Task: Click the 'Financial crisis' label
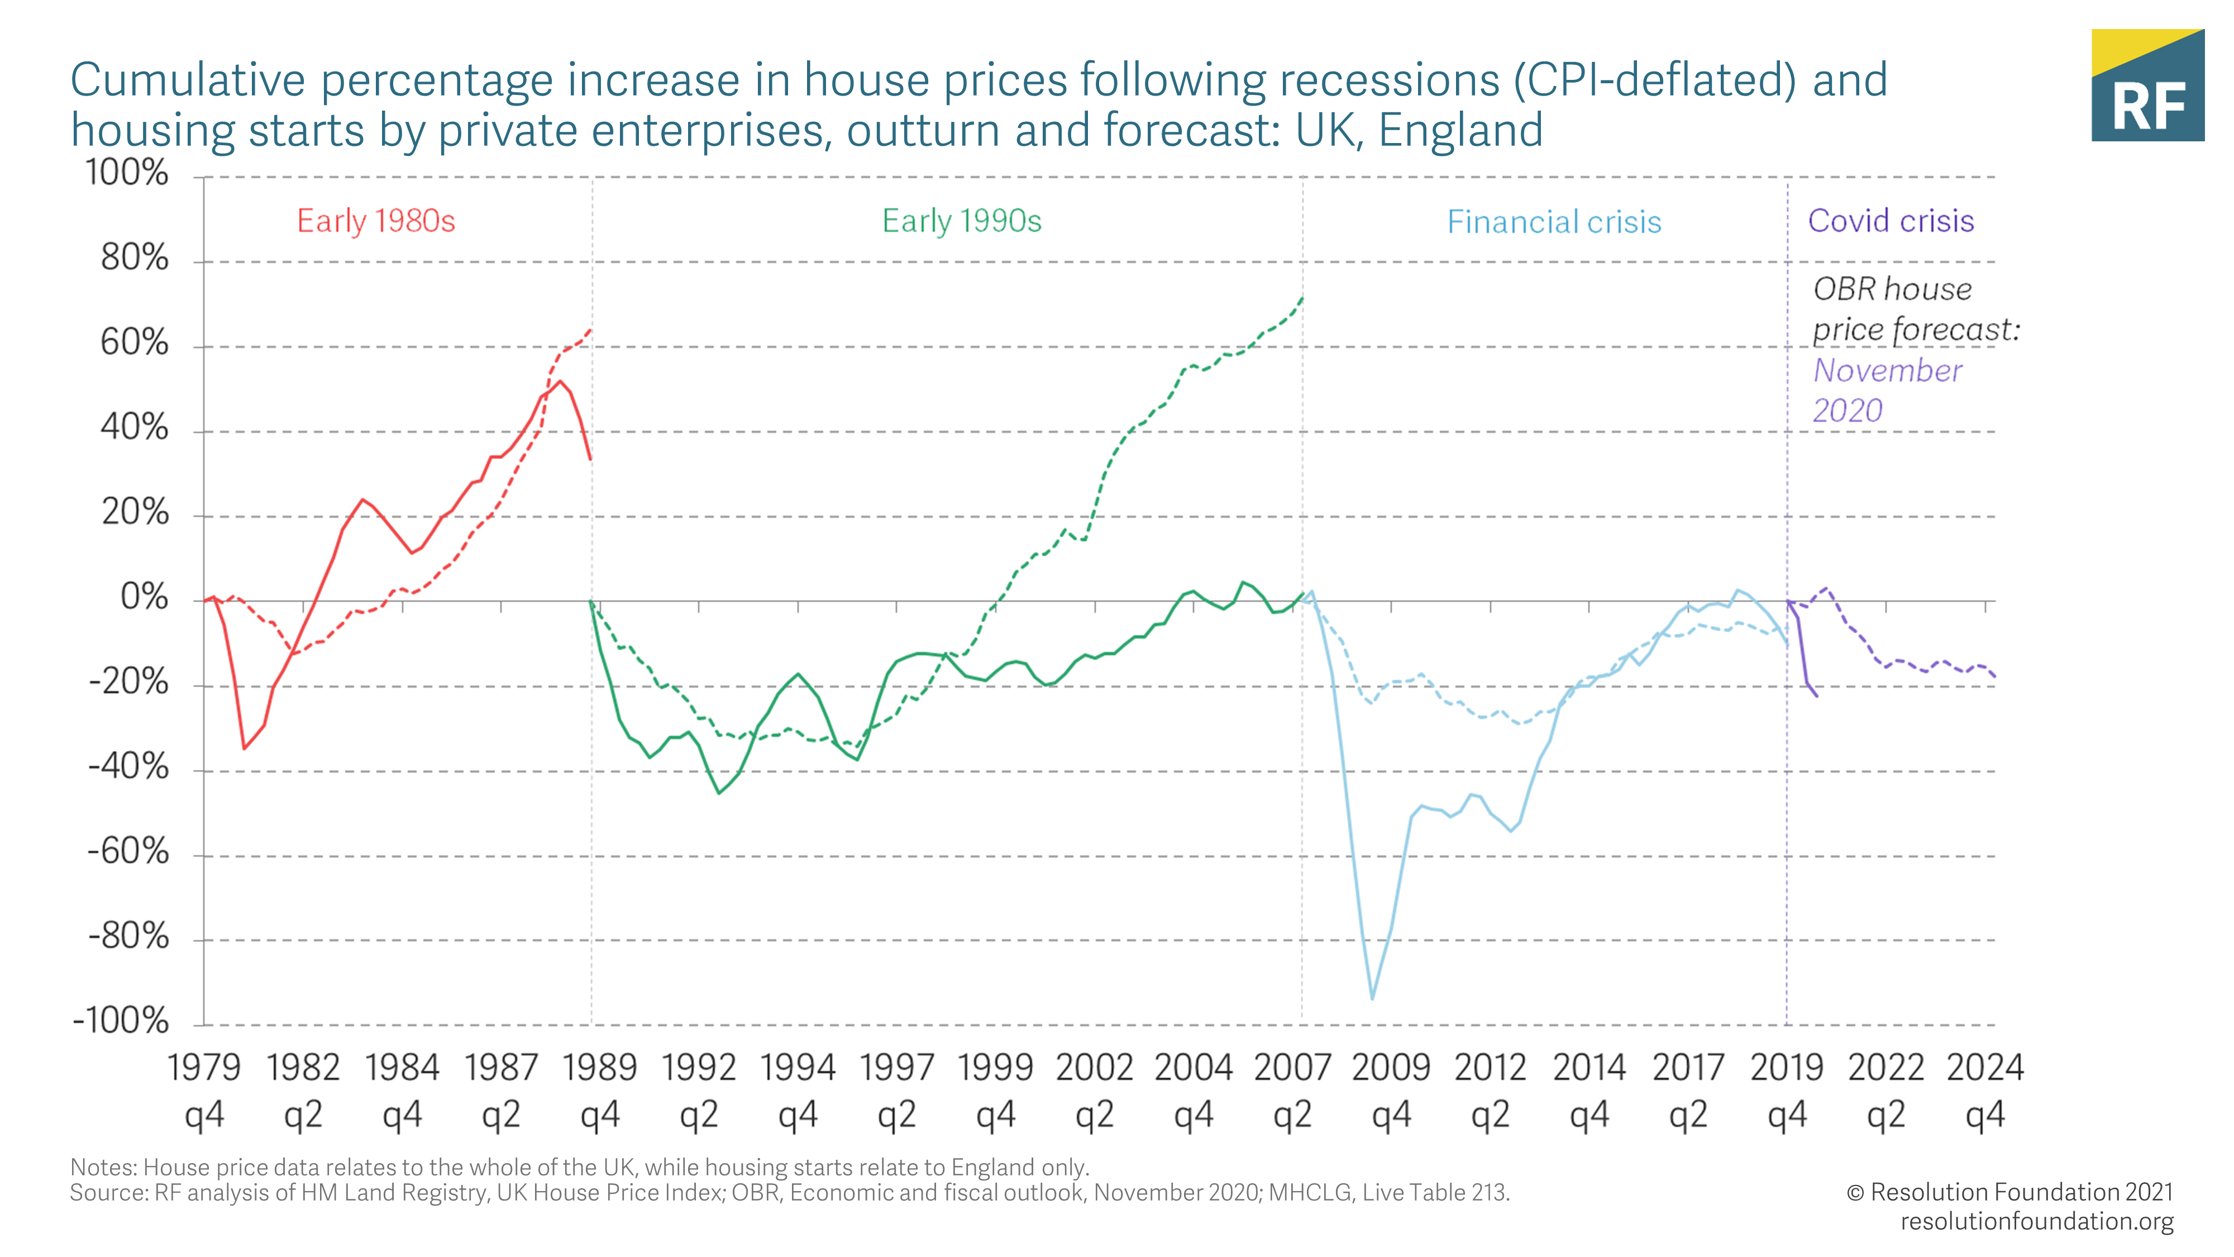1553,222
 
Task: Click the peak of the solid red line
560,381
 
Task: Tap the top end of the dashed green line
1302,298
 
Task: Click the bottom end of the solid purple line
1817,696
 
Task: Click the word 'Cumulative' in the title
187,80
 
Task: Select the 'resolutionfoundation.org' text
2036,1221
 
